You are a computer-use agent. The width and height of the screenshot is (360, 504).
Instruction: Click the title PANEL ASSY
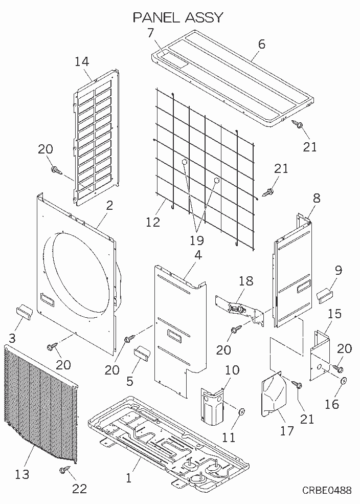click(x=178, y=17)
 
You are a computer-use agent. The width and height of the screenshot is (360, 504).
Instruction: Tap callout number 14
click(x=82, y=62)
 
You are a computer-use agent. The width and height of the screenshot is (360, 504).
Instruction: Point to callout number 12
click(x=153, y=222)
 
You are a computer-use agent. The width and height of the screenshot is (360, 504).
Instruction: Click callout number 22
click(x=79, y=489)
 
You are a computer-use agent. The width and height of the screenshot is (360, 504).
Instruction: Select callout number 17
click(x=287, y=430)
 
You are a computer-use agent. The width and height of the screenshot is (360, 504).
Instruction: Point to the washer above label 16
click(x=344, y=381)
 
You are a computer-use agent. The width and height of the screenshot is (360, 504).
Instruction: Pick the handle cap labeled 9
click(x=325, y=295)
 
